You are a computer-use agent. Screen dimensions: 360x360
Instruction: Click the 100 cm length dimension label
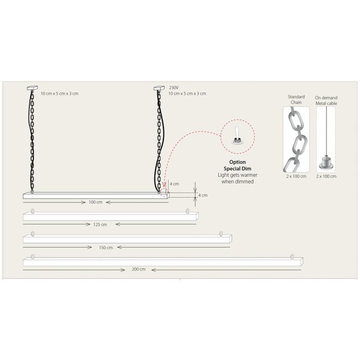tap(95, 202)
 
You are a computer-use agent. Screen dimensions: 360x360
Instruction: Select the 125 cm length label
tap(100, 224)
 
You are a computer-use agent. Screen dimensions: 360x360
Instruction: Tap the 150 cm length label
tap(106, 248)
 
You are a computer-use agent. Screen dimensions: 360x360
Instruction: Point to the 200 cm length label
tap(138, 269)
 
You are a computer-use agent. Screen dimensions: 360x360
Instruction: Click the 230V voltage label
tap(174, 88)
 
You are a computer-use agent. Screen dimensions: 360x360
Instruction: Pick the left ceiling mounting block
tap(32, 88)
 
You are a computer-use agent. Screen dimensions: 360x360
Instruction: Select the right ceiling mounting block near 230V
tap(159, 88)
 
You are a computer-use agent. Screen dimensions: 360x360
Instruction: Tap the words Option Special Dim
tap(238, 165)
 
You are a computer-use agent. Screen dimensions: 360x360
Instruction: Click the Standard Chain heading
tap(296, 100)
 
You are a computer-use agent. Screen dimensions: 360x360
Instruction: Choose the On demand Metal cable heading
tap(326, 101)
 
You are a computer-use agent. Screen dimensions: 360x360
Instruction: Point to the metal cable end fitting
tap(326, 163)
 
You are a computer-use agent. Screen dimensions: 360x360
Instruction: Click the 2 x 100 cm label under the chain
tap(296, 176)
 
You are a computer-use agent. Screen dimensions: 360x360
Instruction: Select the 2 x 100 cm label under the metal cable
tap(326, 176)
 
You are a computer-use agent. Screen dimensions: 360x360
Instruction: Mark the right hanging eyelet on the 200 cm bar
tap(292, 256)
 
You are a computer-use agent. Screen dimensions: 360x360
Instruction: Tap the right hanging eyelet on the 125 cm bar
tap(188, 211)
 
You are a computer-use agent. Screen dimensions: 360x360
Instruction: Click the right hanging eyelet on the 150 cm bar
tap(221, 234)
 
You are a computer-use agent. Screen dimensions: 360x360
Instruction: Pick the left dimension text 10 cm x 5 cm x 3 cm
tap(59, 94)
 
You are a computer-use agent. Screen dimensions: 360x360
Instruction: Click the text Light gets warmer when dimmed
tap(238, 178)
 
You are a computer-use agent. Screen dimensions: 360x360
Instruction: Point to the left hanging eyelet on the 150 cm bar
tap(33, 234)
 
